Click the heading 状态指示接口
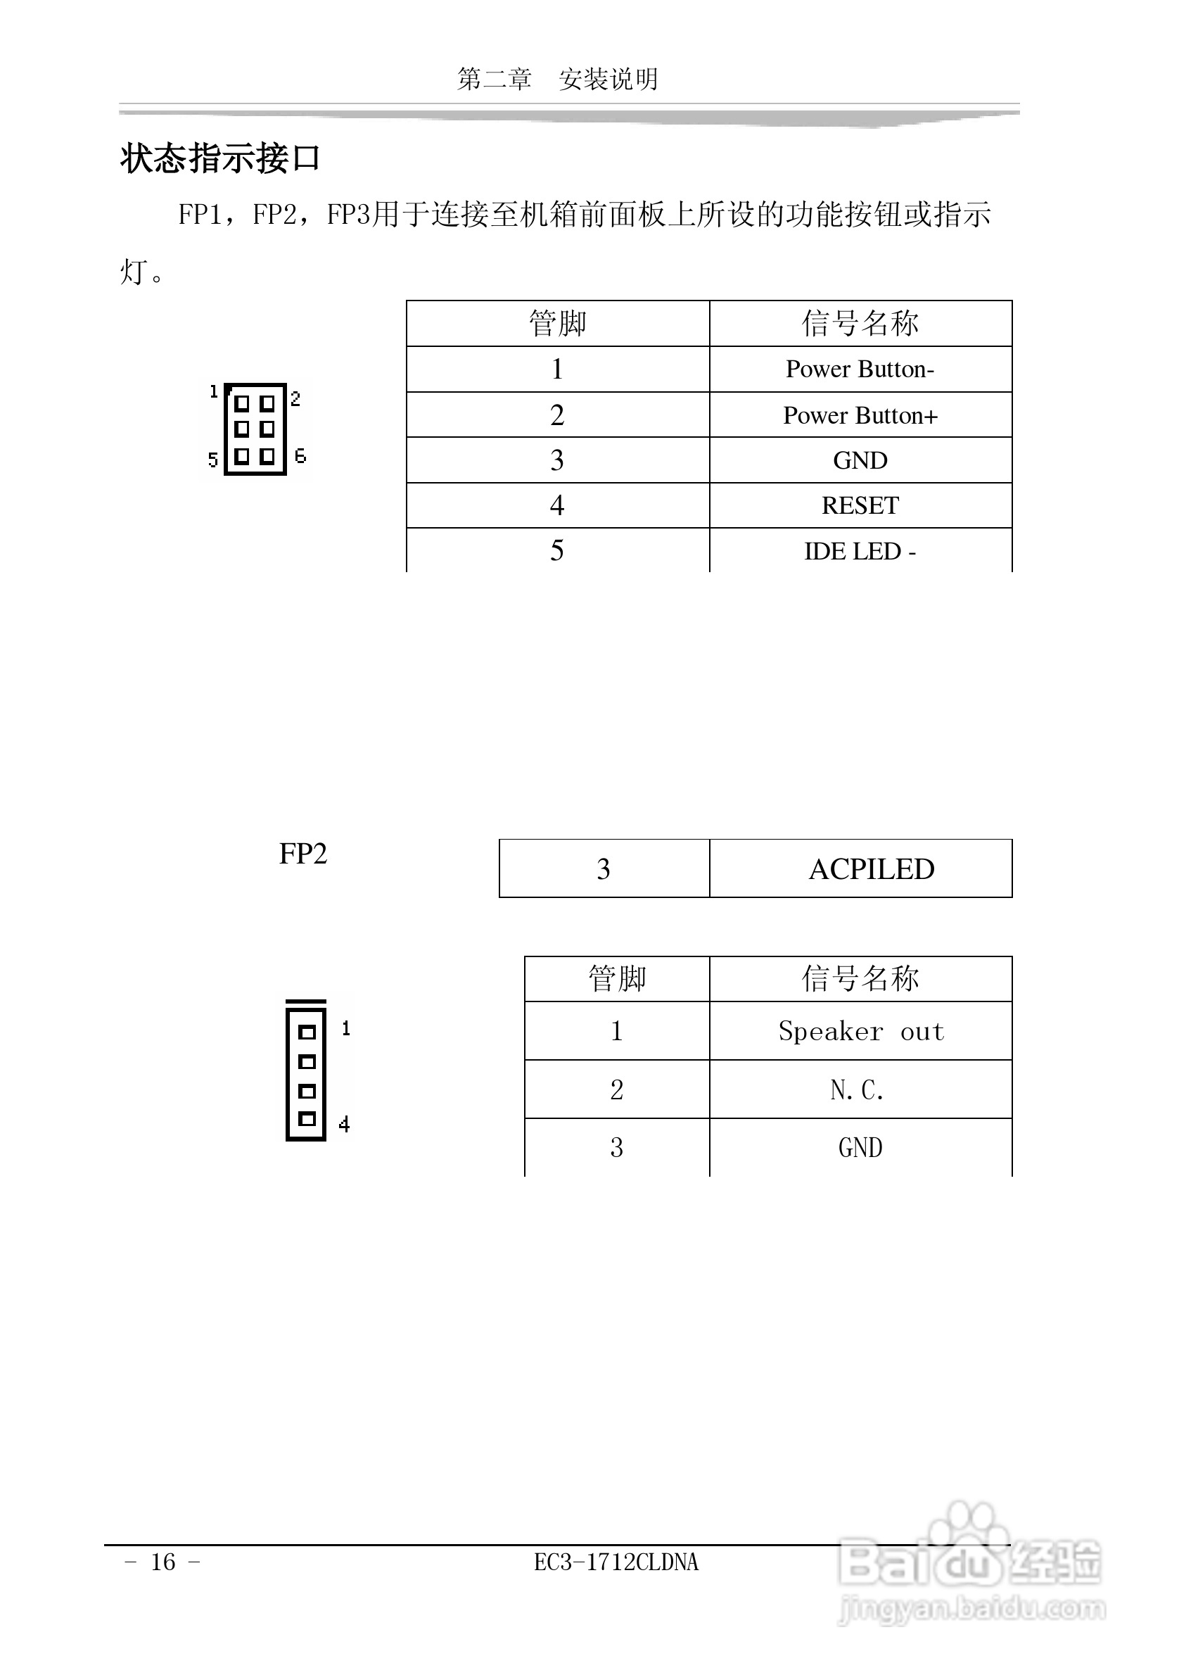pyautogui.click(x=220, y=158)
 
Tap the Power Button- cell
pyautogui.click(x=860, y=369)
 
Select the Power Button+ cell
pyautogui.click(x=860, y=415)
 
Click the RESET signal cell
pyautogui.click(x=860, y=505)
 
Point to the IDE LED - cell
pyautogui.click(x=860, y=552)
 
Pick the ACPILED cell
pyautogui.click(x=871, y=869)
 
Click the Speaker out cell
pyautogui.click(x=860, y=1032)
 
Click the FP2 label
pyautogui.click(x=303, y=854)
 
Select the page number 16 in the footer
pyautogui.click(x=163, y=1562)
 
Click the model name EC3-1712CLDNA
pyautogui.click(x=616, y=1562)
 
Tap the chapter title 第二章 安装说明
pyautogui.click(x=558, y=79)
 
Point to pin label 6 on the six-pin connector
pyautogui.click(x=300, y=457)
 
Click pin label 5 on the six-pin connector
pyautogui.click(x=213, y=460)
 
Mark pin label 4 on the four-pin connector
pyautogui.click(x=344, y=1124)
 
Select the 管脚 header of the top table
pyautogui.click(x=558, y=323)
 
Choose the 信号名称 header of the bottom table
pyautogui.click(x=860, y=978)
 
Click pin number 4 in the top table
pyautogui.click(x=557, y=505)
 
